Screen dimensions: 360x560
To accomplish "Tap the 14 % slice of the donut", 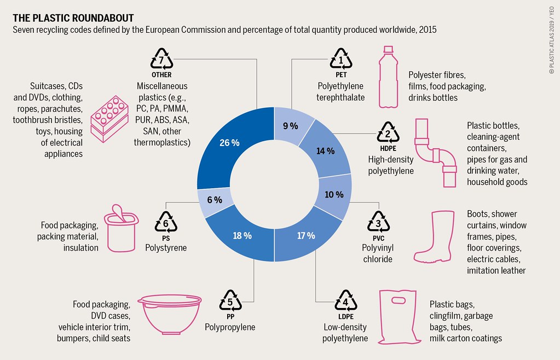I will tap(326, 152).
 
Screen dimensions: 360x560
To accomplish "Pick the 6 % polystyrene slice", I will tap(215, 200).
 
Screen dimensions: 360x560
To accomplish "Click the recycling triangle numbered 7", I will tap(161, 59).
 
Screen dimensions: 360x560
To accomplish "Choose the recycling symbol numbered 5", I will tap(230, 301).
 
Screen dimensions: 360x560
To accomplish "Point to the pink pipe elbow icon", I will tap(435, 147).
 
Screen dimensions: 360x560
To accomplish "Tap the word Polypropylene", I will tap(230, 327).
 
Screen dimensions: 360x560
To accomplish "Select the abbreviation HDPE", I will tap(388, 148).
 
